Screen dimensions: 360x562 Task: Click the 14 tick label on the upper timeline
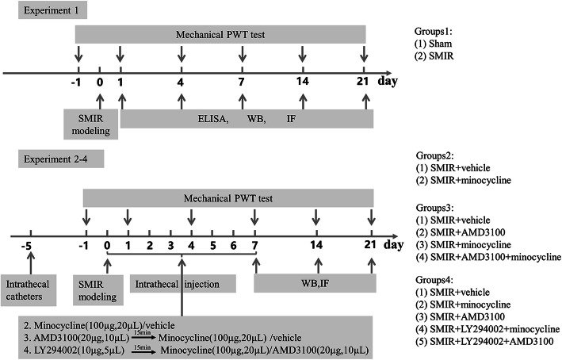coord(302,82)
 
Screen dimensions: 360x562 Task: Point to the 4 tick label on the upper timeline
coord(182,82)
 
